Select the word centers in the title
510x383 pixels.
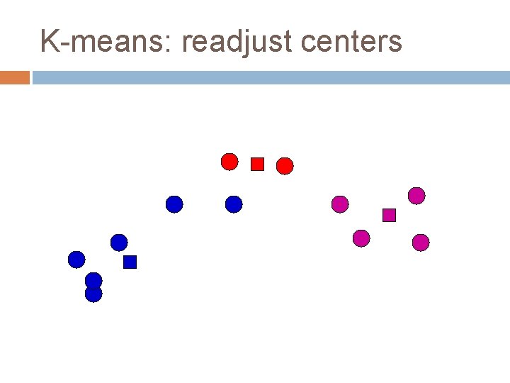click(351, 42)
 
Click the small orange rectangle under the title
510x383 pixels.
click(15, 77)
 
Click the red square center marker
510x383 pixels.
click(257, 165)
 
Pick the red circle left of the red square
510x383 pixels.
click(229, 162)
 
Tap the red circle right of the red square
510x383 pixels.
click(285, 166)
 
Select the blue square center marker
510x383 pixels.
click(130, 262)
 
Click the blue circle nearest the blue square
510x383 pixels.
click(119, 243)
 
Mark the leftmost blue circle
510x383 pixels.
click(76, 260)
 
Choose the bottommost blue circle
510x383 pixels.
click(93, 294)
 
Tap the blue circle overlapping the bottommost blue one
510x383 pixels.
click(93, 280)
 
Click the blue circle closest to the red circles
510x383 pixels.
click(234, 204)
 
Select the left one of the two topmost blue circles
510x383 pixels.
click(174, 204)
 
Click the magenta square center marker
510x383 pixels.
click(389, 215)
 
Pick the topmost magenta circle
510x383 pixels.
click(416, 196)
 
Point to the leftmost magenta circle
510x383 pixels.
click(340, 204)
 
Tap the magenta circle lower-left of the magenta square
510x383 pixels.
click(361, 238)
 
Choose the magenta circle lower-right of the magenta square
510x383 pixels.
click(421, 243)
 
